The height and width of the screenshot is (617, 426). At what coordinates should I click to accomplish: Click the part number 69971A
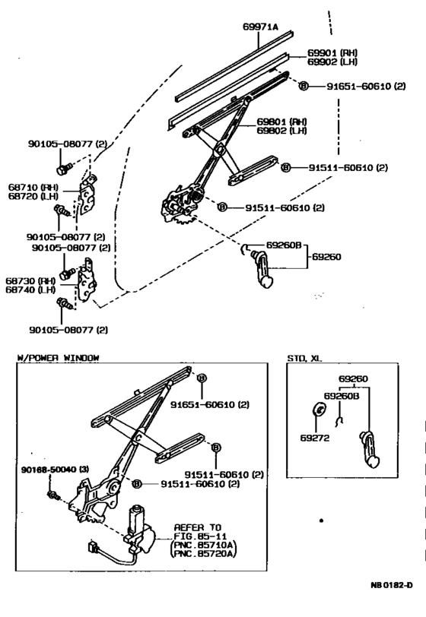coord(260,27)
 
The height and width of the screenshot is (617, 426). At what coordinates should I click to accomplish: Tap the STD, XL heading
coord(305,356)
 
